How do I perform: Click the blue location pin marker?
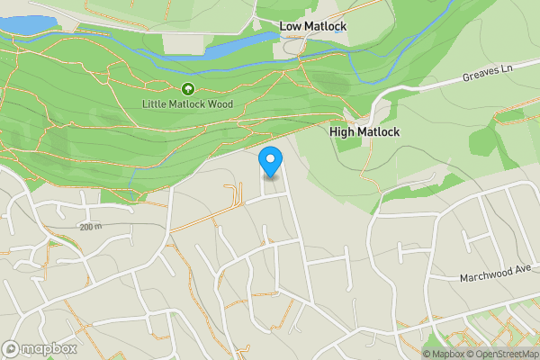point(271,160)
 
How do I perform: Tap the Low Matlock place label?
point(314,27)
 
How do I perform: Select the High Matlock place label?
point(364,131)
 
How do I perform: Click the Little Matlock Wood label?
point(187,104)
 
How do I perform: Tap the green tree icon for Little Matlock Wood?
point(187,89)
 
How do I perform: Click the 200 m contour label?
point(92,227)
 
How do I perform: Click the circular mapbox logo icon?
point(12,348)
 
